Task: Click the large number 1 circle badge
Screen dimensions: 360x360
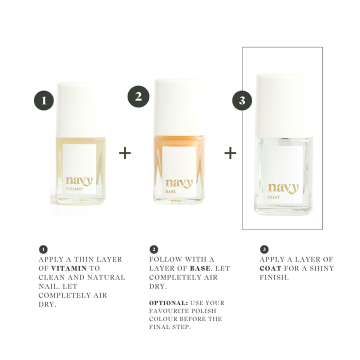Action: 44,100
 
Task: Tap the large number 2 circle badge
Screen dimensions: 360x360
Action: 138,96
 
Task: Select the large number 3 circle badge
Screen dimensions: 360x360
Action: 242,100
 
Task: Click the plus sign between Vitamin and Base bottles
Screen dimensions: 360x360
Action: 125,153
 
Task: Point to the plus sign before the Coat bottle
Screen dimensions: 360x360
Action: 230,153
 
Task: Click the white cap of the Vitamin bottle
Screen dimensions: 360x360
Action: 81,109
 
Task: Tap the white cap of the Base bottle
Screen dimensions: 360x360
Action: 179,107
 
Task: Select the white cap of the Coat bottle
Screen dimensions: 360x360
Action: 284,105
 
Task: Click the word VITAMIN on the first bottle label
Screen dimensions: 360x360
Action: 74,189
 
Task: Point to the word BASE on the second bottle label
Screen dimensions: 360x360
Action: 170,191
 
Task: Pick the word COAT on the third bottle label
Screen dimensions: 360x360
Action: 274,197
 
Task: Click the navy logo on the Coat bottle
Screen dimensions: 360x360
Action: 283,188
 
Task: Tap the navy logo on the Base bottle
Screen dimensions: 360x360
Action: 179,183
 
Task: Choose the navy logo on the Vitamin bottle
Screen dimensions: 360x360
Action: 79,180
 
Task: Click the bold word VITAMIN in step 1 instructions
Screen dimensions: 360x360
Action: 69,268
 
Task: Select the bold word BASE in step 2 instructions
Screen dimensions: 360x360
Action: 200,268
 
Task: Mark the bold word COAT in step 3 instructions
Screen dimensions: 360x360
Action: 270,268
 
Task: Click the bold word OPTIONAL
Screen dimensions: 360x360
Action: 168,303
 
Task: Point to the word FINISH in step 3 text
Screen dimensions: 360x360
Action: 274,277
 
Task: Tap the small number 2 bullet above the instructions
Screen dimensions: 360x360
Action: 154,249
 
